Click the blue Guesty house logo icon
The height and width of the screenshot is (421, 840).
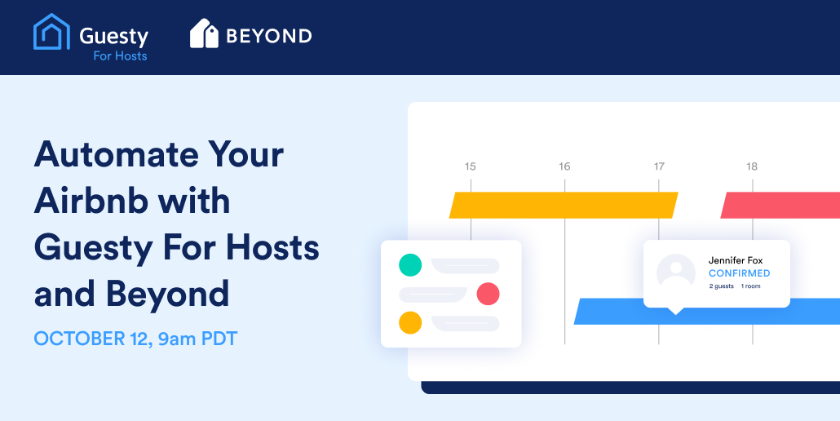[51, 32]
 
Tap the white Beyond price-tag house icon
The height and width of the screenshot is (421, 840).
[204, 33]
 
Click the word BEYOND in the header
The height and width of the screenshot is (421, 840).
[269, 36]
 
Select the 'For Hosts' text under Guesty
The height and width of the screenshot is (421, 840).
[120, 55]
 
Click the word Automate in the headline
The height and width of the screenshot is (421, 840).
[116, 154]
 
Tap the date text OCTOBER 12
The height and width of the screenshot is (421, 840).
[93, 339]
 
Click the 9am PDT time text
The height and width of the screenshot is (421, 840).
[197, 339]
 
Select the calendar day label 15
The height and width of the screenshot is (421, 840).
[471, 166]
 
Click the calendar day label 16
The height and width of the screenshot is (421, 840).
[564, 166]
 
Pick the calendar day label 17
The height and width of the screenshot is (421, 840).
[659, 166]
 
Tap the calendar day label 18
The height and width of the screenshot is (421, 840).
[752, 166]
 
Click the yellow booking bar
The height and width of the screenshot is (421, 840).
[564, 205]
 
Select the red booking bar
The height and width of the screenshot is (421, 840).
[780, 205]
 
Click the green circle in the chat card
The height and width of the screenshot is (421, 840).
[410, 265]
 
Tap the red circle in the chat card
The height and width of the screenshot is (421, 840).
[488, 294]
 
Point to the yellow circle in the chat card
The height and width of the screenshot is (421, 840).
[410, 323]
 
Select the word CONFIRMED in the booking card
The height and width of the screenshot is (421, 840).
[740, 273]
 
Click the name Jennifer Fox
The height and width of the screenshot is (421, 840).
[736, 260]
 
